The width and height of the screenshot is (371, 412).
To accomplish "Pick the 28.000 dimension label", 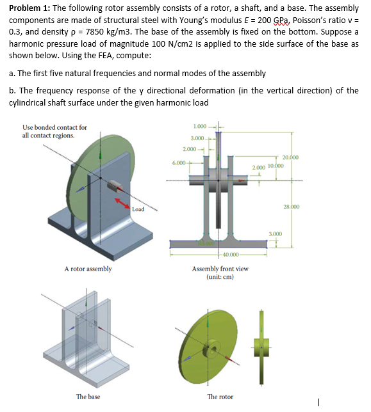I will pos(290,207).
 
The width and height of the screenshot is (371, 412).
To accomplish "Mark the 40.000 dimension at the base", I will pos(222,255).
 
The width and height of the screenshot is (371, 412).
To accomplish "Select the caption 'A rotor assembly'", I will pos(88,269).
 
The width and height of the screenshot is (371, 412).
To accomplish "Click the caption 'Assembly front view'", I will pos(220,269).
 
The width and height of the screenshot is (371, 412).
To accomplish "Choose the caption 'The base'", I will pos(88,397).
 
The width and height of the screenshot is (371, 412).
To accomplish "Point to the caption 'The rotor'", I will pos(220,397).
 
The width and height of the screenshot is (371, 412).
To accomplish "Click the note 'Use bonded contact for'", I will pos(54,127).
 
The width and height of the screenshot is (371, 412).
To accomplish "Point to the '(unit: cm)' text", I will pos(220,277).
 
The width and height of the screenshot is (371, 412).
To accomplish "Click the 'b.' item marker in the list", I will pos(13,90).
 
